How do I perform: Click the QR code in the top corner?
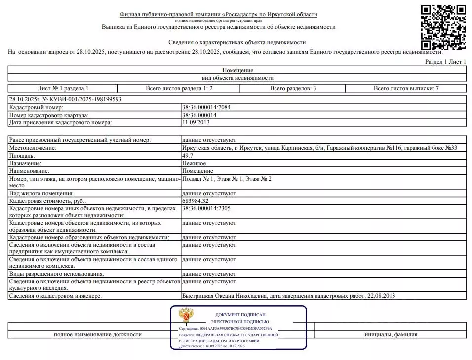pyautogui.click(x=443, y=28)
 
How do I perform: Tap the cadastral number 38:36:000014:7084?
pyautogui.click(x=206, y=107)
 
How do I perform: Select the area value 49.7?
pyautogui.click(x=187, y=156)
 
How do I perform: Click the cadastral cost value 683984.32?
pyautogui.click(x=196, y=201)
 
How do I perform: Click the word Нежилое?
pyautogui.click(x=194, y=163)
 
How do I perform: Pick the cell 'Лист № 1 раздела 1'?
pyautogui.click(x=63, y=88)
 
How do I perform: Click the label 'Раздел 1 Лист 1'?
pyautogui.click(x=446, y=62)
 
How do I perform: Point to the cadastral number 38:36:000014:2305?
pyautogui.click(x=206, y=208)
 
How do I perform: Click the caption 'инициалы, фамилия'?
pyautogui.click(x=391, y=334)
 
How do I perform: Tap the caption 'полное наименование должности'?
pyautogui.click(x=98, y=334)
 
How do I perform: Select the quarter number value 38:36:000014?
pyautogui.click(x=199, y=115)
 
